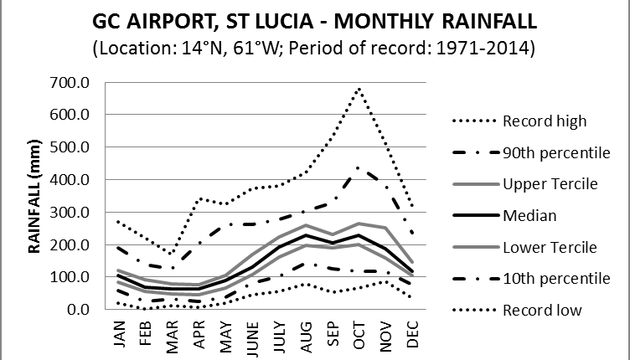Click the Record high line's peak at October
(x=359, y=88)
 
